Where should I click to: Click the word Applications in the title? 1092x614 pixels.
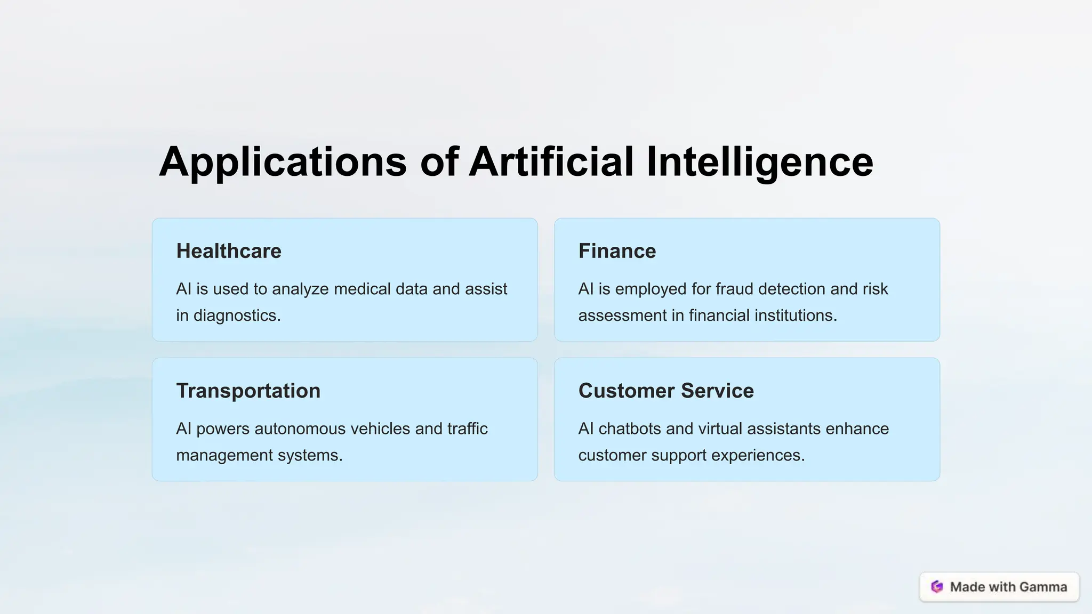point(283,162)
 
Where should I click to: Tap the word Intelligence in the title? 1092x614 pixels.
point(759,162)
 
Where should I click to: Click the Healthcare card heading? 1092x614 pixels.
point(229,251)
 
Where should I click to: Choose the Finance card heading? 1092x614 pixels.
point(617,251)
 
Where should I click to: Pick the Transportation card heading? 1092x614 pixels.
point(248,391)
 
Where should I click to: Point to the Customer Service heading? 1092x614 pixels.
point(666,391)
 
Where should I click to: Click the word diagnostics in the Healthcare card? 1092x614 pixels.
point(237,316)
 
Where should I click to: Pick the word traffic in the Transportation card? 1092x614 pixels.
point(467,429)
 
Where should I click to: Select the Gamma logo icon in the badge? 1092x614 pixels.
point(937,587)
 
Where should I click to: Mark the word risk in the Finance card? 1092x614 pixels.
point(875,289)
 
